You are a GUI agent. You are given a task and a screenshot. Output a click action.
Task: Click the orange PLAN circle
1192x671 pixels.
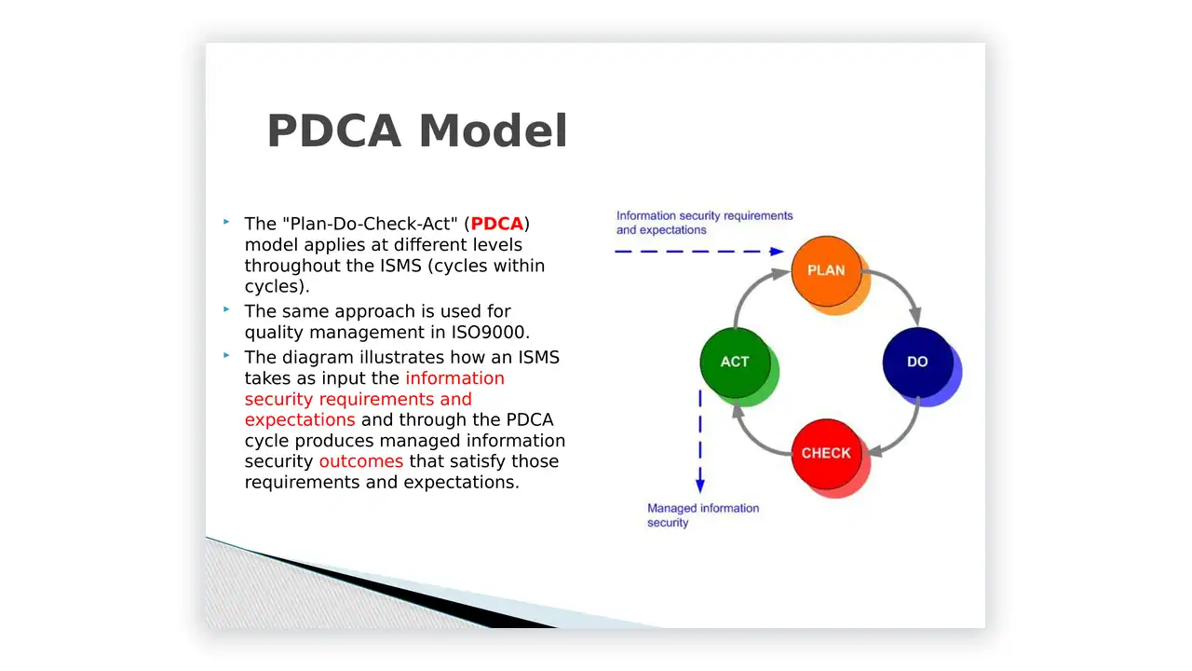(826, 271)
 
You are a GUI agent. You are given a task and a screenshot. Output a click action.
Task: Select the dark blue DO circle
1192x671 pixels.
(918, 363)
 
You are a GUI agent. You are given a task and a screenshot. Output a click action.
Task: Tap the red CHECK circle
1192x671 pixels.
(826, 454)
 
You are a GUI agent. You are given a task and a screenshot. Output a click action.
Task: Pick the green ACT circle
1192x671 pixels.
(735, 363)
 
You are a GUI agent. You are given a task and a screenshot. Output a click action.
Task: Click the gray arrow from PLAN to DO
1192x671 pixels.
(901, 287)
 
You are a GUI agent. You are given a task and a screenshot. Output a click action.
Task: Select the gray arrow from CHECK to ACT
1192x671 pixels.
(752, 438)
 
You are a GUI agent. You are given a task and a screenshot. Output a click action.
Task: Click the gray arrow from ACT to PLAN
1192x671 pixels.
(751, 289)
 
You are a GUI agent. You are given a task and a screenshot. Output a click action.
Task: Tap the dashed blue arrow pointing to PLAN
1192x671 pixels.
(699, 252)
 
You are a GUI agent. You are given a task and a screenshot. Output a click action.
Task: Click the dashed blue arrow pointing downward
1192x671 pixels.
(700, 442)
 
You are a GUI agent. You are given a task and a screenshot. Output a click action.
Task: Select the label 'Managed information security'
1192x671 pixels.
(703, 515)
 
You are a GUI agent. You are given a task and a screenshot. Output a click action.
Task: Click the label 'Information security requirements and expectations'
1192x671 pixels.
(705, 223)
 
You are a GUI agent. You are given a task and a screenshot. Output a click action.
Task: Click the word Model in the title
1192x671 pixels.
(494, 130)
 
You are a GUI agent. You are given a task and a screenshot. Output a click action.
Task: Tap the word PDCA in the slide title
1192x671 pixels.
(333, 130)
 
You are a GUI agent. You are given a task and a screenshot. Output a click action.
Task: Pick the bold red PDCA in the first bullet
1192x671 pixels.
(497, 224)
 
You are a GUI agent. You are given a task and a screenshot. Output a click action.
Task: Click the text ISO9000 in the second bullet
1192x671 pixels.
(488, 333)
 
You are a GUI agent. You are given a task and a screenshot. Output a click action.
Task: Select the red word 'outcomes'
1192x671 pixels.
(361, 461)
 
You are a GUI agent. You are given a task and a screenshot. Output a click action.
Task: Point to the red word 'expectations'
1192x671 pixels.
(300, 420)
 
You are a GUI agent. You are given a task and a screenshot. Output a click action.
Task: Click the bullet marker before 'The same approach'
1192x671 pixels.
(226, 308)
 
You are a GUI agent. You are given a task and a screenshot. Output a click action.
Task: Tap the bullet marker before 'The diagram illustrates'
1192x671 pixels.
(226, 355)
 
